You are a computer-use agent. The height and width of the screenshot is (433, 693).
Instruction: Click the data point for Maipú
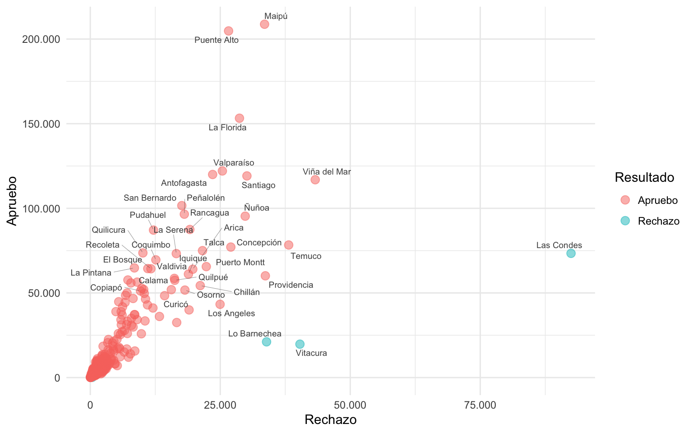point(264,24)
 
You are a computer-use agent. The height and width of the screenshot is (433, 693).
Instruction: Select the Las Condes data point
point(571,253)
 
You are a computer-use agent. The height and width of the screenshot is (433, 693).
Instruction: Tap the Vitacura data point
point(300,344)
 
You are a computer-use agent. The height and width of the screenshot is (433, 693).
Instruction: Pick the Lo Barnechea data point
point(267,342)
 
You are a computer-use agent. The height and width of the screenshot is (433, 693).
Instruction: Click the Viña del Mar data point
point(315,180)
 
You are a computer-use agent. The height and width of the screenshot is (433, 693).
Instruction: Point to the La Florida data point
point(240,118)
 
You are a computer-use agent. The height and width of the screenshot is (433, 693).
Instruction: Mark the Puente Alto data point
point(228,31)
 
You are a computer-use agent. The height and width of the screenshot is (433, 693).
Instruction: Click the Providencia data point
point(265,276)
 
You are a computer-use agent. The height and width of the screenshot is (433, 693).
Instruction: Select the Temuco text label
point(306,256)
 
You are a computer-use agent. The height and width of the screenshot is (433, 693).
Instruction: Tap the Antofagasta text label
point(184,183)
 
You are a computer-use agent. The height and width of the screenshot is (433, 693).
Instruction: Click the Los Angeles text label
point(231,313)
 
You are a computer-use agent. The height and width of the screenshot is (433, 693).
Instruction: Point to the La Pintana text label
point(91,273)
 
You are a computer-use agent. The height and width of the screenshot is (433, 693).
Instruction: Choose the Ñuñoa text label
point(256,208)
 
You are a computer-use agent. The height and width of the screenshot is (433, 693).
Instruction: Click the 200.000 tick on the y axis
point(41,39)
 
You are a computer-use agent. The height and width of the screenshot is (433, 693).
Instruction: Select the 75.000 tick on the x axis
point(480,405)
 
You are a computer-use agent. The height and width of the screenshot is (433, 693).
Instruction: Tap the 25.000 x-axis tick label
point(220,405)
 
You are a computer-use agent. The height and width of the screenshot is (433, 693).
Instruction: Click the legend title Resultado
point(644,178)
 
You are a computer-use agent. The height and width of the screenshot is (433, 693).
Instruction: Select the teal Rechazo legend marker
point(625,221)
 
